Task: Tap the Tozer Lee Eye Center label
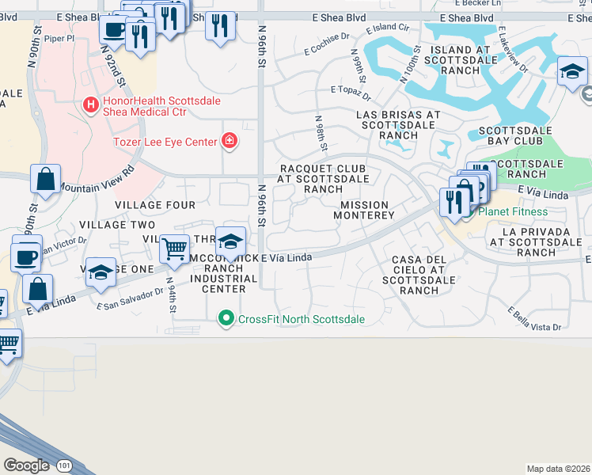[165, 142]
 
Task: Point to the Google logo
[26, 465]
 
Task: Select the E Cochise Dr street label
[327, 44]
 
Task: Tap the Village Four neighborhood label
[154, 205]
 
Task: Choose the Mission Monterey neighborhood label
[363, 210]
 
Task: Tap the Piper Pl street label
[59, 37]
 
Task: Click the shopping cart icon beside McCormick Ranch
[173, 248]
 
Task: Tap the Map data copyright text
[558, 469]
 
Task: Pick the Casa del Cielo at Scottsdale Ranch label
[419, 275]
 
